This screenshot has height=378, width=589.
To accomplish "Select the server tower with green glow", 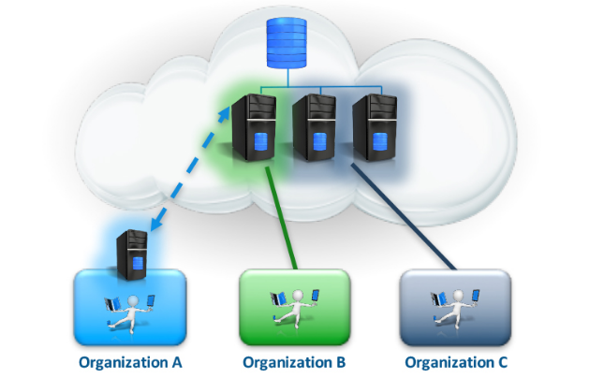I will (x=253, y=128).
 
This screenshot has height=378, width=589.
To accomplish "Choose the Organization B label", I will (x=294, y=360).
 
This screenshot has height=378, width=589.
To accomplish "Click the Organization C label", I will (x=456, y=360).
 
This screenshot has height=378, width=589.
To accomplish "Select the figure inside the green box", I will (x=294, y=307).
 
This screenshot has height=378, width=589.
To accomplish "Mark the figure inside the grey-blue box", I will (x=455, y=307).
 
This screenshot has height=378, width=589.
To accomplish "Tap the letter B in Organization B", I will (x=341, y=360).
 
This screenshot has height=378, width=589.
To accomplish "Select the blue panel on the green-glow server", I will (x=259, y=142).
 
